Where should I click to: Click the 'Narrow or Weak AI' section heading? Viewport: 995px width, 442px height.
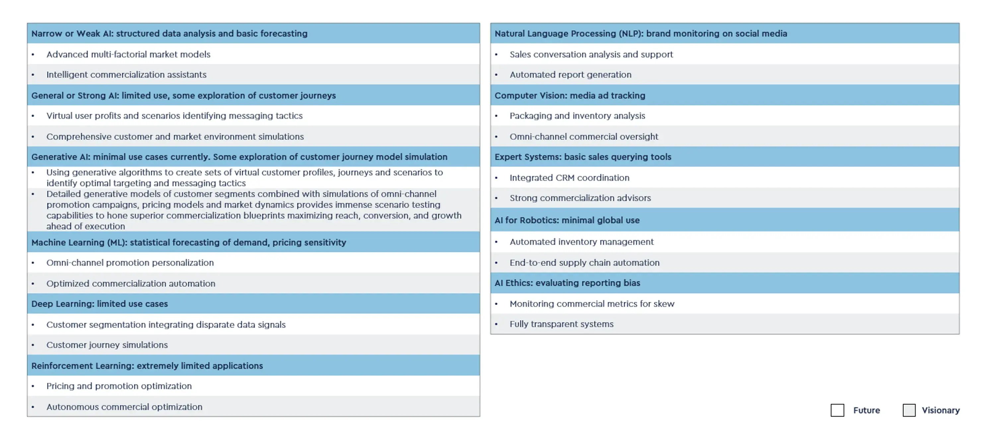pos(169,34)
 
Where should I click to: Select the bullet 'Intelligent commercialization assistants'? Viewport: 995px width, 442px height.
pos(126,75)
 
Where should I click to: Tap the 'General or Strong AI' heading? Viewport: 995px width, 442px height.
pos(183,96)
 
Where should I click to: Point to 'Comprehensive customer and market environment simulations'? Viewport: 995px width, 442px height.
pos(175,136)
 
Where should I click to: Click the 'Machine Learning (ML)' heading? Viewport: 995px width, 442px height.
pos(188,242)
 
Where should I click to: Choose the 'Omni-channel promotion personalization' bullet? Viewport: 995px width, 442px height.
pos(130,263)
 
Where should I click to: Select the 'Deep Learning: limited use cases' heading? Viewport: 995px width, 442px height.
pos(99,304)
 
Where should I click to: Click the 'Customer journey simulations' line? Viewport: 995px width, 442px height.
pos(107,345)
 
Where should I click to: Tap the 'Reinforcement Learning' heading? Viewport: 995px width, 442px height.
pos(147,365)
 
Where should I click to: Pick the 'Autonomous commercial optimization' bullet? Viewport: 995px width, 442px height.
pos(124,407)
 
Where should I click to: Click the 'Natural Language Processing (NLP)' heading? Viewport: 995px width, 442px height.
pos(640,34)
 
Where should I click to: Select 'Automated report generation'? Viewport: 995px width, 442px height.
pos(570,75)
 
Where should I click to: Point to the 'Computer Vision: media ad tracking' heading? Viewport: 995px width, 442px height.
pos(570,96)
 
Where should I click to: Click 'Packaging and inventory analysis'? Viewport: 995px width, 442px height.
pos(577,116)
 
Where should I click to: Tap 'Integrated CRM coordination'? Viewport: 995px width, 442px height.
pos(569,178)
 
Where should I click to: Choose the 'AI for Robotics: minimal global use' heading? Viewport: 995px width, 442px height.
pos(567,220)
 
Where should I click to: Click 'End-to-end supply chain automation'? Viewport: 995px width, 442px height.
pos(584,263)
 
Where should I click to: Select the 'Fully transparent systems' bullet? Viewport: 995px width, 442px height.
pos(561,324)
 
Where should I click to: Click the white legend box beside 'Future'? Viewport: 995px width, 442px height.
pos(837,410)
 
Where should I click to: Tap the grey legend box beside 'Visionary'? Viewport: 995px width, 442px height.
pos(909,410)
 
